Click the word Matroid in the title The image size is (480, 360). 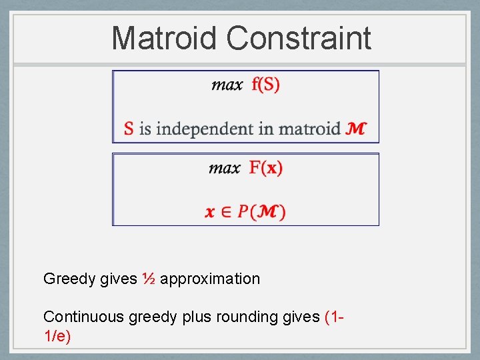(165, 38)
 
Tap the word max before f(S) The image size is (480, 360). (227, 85)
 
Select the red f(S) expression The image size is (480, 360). (265, 85)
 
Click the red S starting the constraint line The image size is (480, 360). (129, 128)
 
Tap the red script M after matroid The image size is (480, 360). (356, 128)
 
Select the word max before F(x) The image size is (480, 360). (225, 168)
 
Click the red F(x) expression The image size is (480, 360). (266, 168)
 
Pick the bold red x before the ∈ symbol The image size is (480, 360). (210, 212)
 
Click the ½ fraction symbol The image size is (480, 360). (149, 279)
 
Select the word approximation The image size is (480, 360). (210, 279)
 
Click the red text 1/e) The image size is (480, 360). (57, 336)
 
